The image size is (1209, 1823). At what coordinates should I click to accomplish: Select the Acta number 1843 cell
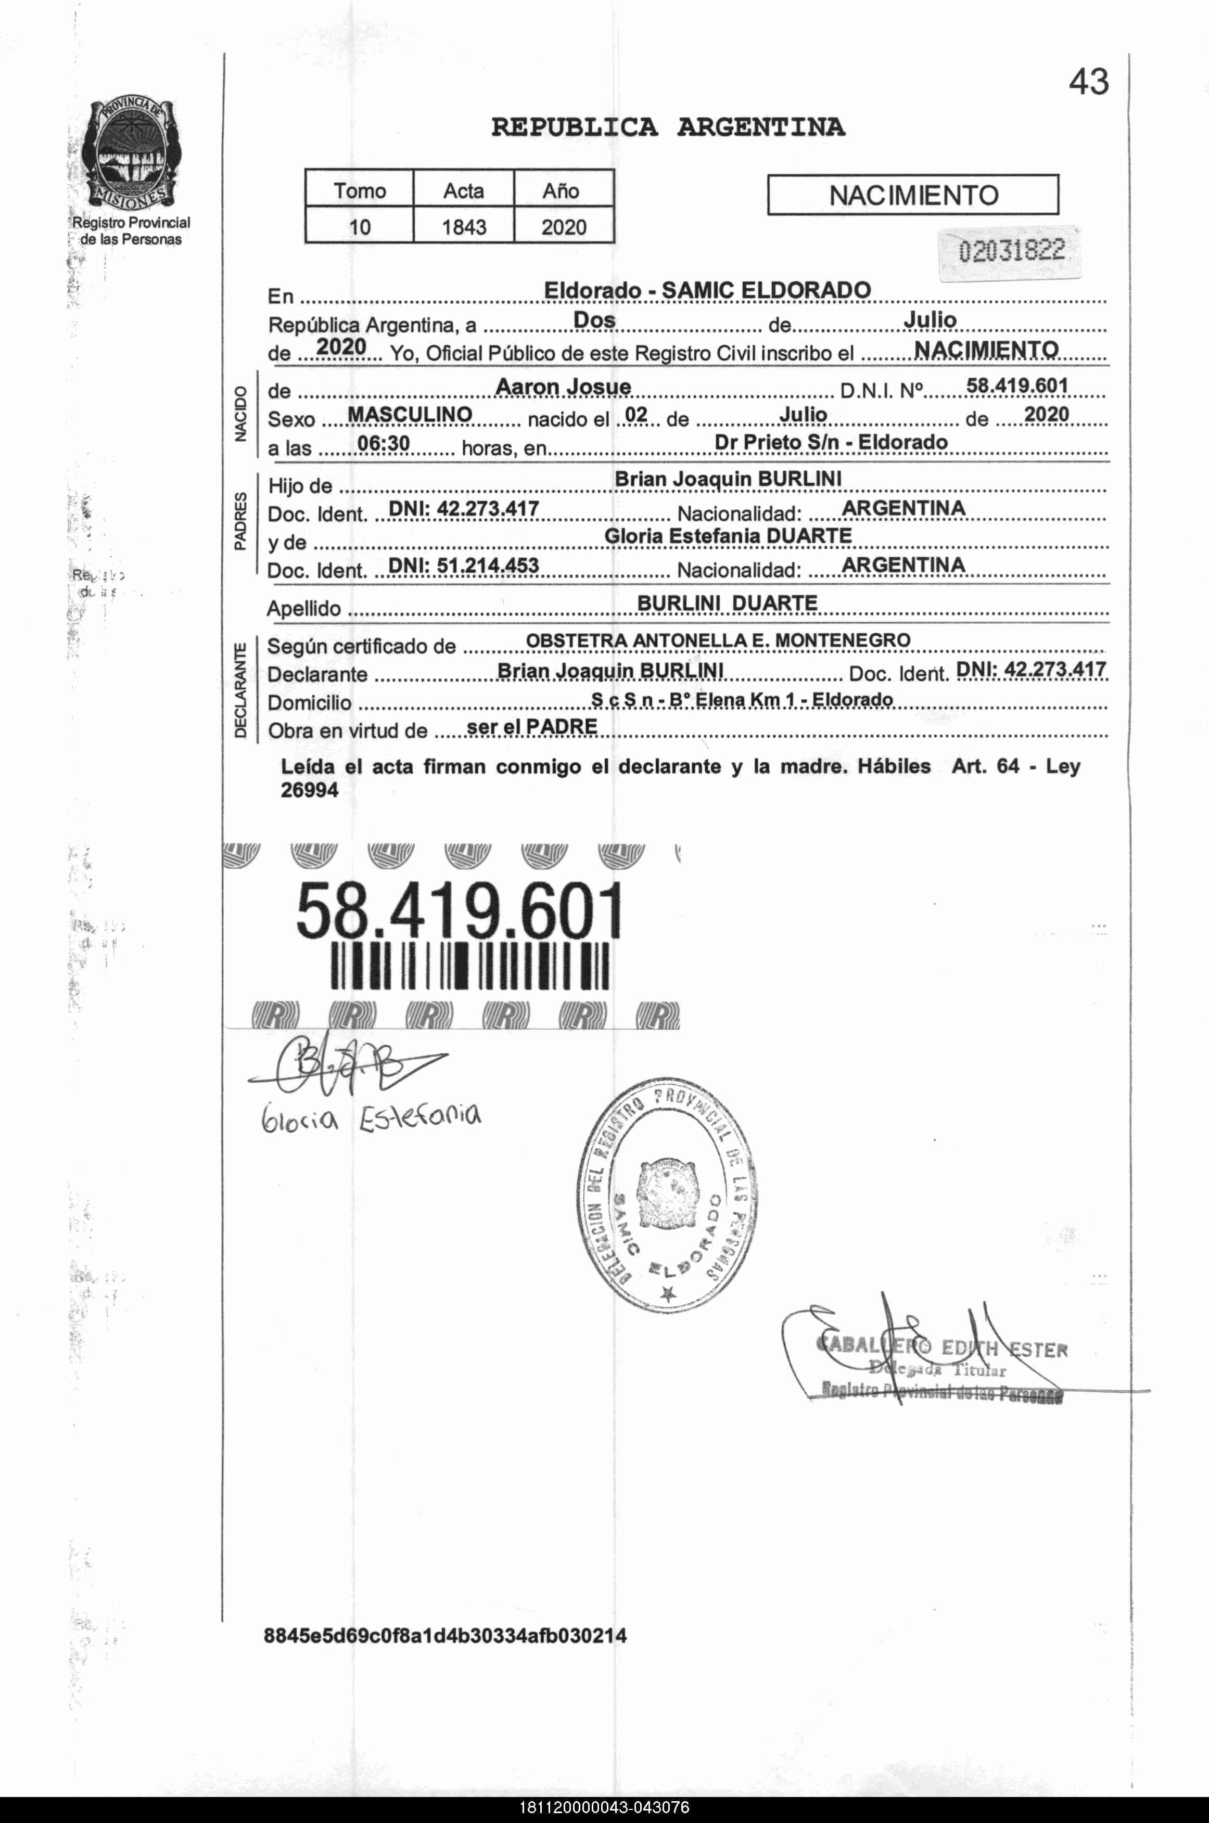point(463,227)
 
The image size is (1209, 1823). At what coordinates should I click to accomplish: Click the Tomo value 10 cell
point(359,227)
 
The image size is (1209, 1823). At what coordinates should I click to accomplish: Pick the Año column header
point(562,190)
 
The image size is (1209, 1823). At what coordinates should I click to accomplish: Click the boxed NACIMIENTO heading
point(913,195)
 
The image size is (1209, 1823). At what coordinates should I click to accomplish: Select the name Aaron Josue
point(563,386)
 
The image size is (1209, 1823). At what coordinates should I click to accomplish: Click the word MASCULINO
point(410,415)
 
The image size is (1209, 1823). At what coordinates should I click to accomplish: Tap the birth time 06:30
point(383,443)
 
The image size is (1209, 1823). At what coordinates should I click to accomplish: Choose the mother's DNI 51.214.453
point(463,565)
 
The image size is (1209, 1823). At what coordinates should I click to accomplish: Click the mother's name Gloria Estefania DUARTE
point(728,536)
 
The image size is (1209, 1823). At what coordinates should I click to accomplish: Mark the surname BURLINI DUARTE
point(727,603)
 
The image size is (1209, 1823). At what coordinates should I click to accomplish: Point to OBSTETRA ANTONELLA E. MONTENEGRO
point(718,640)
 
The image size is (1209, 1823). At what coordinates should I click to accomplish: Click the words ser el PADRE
point(532,727)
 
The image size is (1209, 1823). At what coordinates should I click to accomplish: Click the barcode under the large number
point(469,965)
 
